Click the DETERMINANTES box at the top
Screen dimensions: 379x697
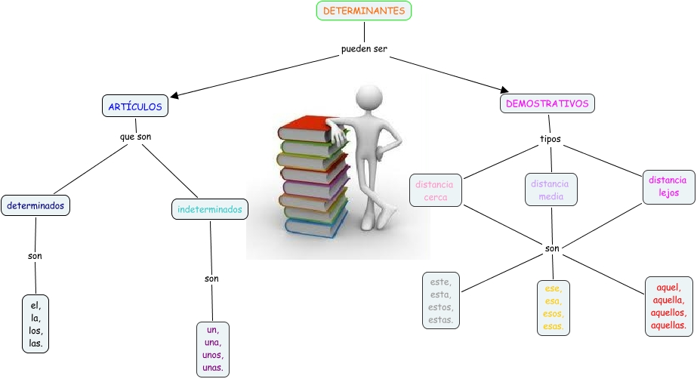coord(363,11)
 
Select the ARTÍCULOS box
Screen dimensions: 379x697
coord(135,106)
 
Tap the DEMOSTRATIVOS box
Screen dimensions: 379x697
coord(547,103)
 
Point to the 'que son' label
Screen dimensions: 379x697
coord(136,137)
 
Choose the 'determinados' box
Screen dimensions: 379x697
coord(35,205)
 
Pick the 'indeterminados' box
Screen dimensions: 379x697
coord(209,208)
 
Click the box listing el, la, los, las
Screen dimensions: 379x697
coord(35,323)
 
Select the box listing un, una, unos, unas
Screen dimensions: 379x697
coord(212,349)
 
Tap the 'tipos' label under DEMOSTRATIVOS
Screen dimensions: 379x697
coord(551,139)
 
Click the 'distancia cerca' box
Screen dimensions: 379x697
coord(434,190)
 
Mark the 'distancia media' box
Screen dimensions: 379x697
coord(551,190)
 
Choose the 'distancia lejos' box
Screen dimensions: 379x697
coord(668,186)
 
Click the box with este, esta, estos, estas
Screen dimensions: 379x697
coord(440,300)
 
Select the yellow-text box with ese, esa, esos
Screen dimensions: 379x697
coord(553,307)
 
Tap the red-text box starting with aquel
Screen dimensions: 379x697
coord(669,306)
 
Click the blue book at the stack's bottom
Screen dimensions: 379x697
coord(313,226)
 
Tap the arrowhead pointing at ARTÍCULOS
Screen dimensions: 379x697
coord(174,96)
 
